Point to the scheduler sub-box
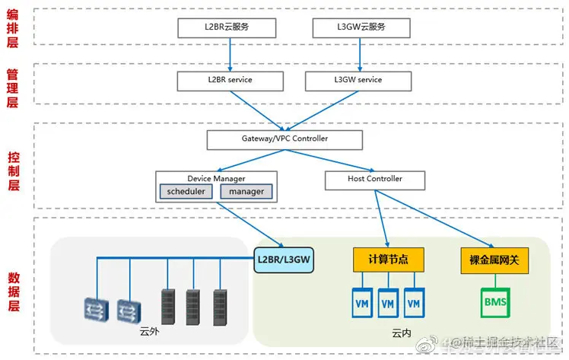186,192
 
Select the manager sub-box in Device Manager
246,192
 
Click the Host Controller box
374,180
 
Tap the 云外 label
150,332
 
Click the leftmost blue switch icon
97,306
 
